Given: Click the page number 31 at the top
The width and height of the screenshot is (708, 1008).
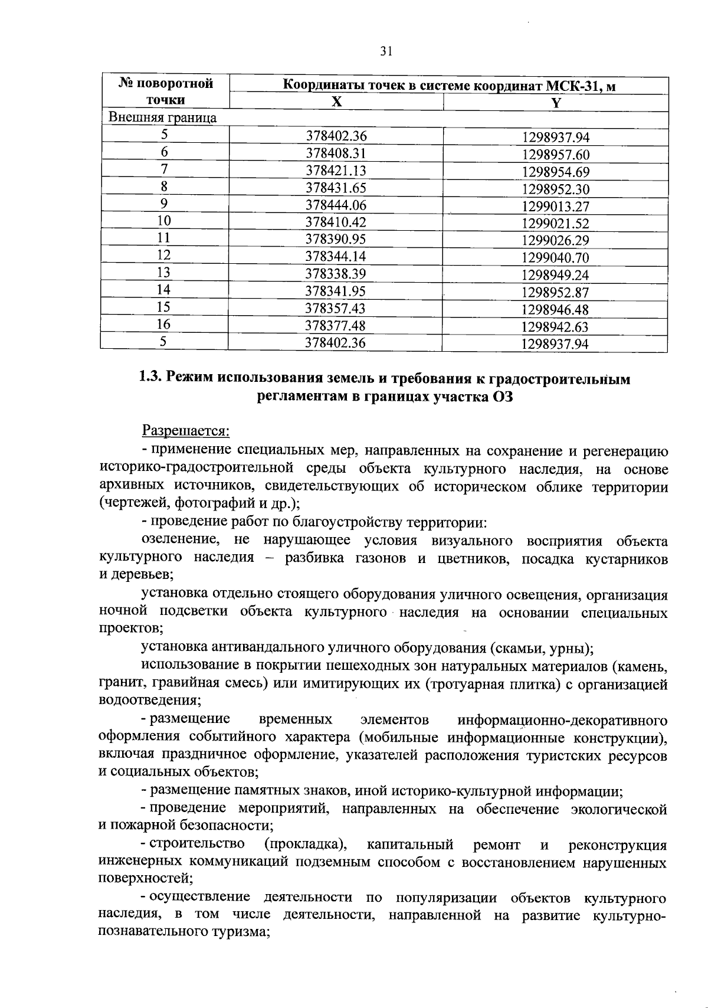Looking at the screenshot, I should tap(386, 51).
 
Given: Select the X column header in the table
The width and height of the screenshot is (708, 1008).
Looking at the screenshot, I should tap(336, 102).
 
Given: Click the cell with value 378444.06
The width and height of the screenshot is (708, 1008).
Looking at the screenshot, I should tap(336, 205).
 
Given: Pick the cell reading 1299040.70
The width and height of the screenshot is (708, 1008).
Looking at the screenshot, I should tap(555, 258).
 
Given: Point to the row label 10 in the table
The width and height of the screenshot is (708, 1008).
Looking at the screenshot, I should tap(164, 221).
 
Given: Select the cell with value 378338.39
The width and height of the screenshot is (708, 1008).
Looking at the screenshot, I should tap(336, 274).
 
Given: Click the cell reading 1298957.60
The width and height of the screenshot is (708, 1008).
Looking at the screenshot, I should tap(555, 155).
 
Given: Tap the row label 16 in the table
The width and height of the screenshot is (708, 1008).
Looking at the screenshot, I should tap(164, 324).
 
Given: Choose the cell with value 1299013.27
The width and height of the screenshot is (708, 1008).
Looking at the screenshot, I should tap(555, 207).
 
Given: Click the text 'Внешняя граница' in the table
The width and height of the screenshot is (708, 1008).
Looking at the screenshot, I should tap(162, 117).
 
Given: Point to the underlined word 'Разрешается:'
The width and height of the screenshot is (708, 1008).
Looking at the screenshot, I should tap(185, 431).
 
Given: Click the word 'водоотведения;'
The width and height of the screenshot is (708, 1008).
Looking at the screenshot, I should tap(150, 701).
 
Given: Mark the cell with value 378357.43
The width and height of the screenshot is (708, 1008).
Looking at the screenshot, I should tap(336, 308).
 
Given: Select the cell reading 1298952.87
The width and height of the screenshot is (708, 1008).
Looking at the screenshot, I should tap(555, 292).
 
